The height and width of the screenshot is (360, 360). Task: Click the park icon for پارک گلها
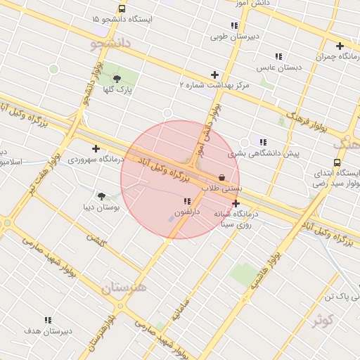(x=117, y=79)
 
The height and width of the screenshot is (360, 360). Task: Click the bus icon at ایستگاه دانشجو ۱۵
(x=122, y=9)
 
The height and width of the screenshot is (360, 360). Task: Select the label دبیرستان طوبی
(x=234, y=36)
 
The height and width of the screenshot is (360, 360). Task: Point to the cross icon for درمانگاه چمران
(x=340, y=46)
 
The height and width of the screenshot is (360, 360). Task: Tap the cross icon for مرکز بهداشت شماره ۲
(x=214, y=75)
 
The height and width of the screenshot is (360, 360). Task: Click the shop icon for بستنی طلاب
(x=222, y=178)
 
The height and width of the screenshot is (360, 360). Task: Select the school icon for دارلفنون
(x=186, y=202)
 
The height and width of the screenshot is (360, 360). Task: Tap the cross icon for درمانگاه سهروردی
(x=96, y=148)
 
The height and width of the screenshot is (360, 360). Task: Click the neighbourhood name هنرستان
(x=123, y=287)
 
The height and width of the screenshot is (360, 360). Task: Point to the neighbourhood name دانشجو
(x=110, y=44)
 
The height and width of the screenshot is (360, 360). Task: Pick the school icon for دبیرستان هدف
(x=48, y=320)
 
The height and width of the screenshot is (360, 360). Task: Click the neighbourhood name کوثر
(x=323, y=321)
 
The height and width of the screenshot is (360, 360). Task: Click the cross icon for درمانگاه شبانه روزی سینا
(x=236, y=204)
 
